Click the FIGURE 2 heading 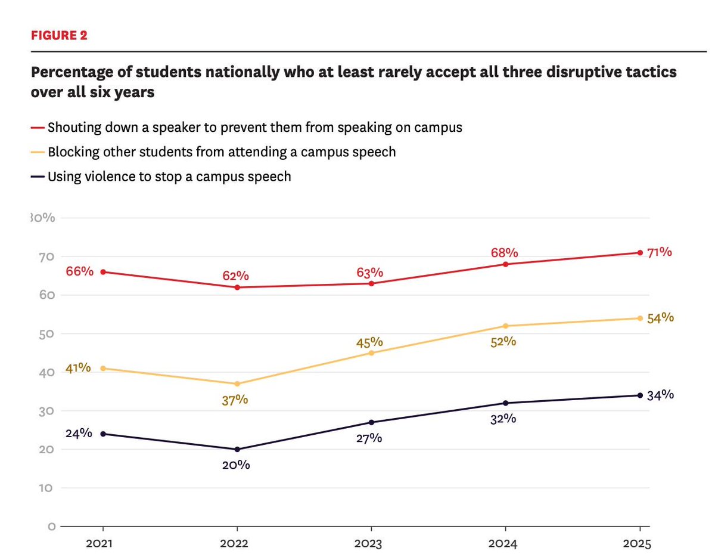pos(59,35)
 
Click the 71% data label pos(660,252)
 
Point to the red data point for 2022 pos(238,287)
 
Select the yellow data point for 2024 pos(506,326)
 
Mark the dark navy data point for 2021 pos(104,434)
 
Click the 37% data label pos(235,400)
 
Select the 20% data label pos(235,465)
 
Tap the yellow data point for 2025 pos(640,318)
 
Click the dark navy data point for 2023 pos(372,422)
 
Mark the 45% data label pos(369,342)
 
